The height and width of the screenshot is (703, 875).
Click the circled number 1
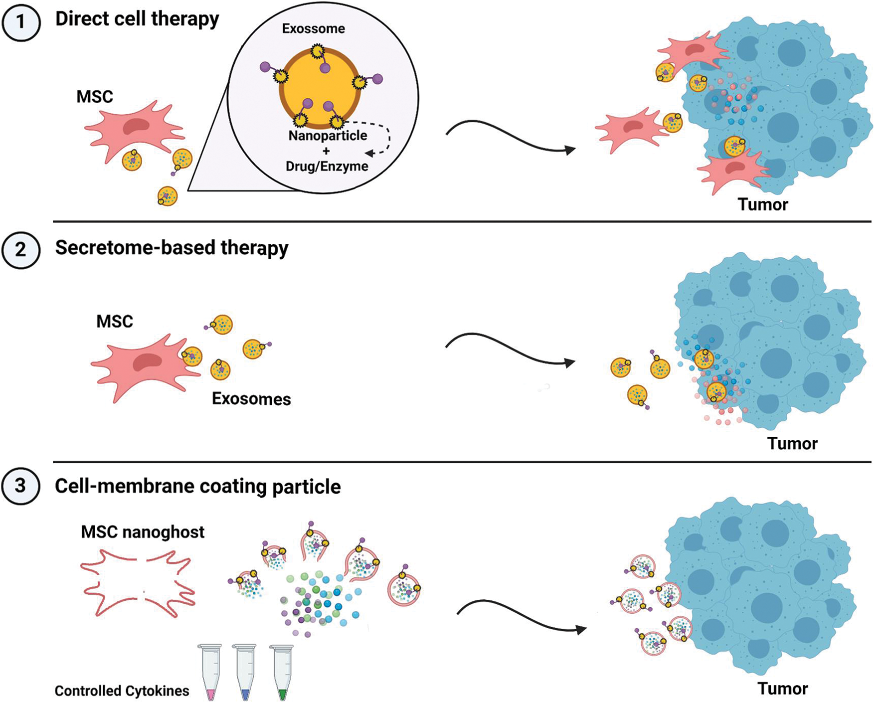click(x=20, y=22)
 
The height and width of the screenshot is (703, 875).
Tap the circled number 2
click(x=20, y=249)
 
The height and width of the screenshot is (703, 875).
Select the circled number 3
click(x=20, y=486)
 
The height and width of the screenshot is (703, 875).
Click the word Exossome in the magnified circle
click(x=313, y=29)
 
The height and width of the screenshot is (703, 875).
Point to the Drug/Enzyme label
click(x=327, y=167)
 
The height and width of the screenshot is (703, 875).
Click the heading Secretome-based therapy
click(x=172, y=248)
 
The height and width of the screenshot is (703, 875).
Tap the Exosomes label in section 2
click(x=251, y=399)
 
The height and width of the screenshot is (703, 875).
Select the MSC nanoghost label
click(x=143, y=532)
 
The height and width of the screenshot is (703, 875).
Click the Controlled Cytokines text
click(x=122, y=691)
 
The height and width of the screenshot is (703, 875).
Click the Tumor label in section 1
click(x=763, y=204)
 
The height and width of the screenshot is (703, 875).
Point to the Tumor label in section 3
click(x=782, y=689)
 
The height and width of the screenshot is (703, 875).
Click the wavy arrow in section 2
click(x=509, y=351)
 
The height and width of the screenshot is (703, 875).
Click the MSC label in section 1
click(x=95, y=96)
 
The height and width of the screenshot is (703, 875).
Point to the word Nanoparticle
click(x=328, y=136)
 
